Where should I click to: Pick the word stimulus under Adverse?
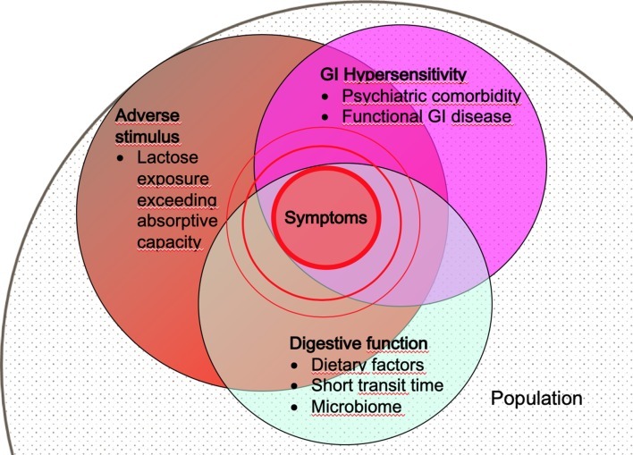tap(145, 137)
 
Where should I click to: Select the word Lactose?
tap(166, 158)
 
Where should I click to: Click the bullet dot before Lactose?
tap(121, 159)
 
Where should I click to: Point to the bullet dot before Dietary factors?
tap(297, 365)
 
